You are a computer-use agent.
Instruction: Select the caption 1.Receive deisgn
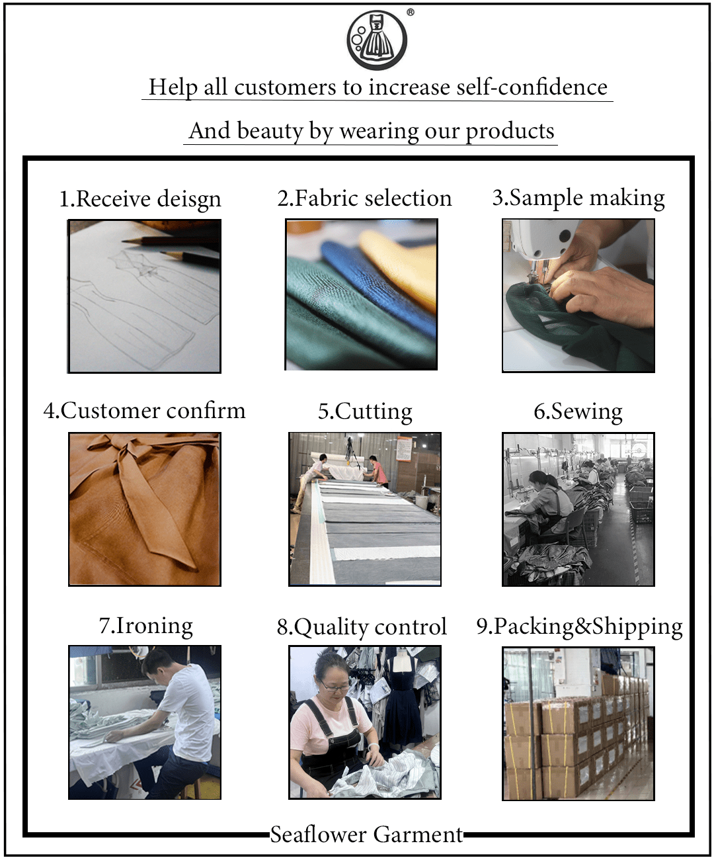click(140, 198)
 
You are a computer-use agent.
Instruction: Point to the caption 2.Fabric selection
click(364, 198)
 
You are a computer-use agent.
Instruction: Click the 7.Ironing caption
click(145, 625)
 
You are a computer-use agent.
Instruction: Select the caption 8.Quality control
click(362, 626)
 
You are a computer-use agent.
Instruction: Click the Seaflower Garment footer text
click(366, 834)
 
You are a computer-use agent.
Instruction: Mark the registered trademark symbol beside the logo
click(411, 12)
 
